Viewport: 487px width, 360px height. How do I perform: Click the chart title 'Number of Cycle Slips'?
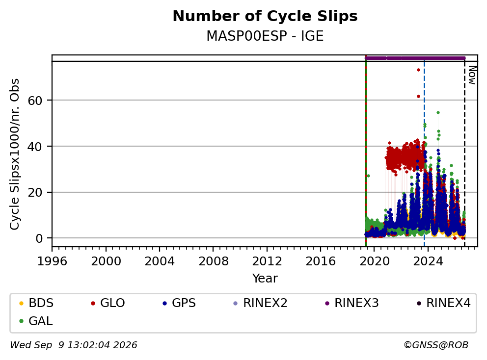(265, 16)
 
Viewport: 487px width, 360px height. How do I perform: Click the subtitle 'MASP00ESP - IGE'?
(265, 36)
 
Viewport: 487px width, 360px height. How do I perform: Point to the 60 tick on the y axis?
(35, 101)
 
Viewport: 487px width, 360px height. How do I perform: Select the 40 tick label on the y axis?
(35, 147)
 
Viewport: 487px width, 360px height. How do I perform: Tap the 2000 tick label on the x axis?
(106, 261)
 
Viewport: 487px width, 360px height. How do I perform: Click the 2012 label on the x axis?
(267, 261)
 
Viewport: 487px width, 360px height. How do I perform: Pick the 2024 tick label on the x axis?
(428, 261)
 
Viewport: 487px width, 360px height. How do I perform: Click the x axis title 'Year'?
(265, 279)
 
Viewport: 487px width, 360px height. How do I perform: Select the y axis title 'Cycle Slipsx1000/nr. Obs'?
(15, 154)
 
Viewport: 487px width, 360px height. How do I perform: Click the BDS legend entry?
(36, 303)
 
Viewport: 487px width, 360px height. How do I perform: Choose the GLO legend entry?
(108, 303)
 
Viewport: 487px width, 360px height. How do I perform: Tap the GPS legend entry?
(179, 303)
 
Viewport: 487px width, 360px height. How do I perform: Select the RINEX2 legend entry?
(260, 303)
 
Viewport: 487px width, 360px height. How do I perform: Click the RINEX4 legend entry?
(443, 303)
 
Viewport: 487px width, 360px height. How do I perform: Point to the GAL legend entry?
(36, 321)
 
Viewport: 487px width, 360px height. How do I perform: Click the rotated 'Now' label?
(472, 75)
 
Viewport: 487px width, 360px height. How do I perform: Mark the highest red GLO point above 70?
(418, 70)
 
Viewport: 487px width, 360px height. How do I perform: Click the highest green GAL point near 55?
(438, 113)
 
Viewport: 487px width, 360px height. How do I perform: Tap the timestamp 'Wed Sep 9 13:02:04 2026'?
(74, 345)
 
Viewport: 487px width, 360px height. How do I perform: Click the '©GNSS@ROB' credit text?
(436, 345)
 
